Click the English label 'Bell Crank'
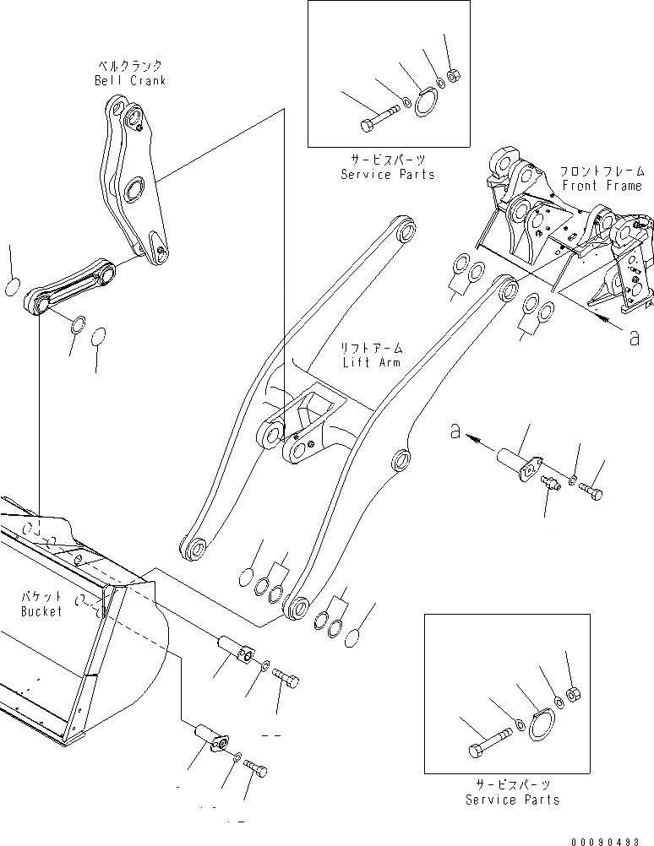click(130, 80)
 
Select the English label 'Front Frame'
click(601, 186)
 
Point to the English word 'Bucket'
click(41, 611)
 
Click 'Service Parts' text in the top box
click(388, 174)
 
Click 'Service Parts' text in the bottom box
click(513, 800)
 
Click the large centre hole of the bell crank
click(132, 192)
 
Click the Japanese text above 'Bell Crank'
click(131, 66)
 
